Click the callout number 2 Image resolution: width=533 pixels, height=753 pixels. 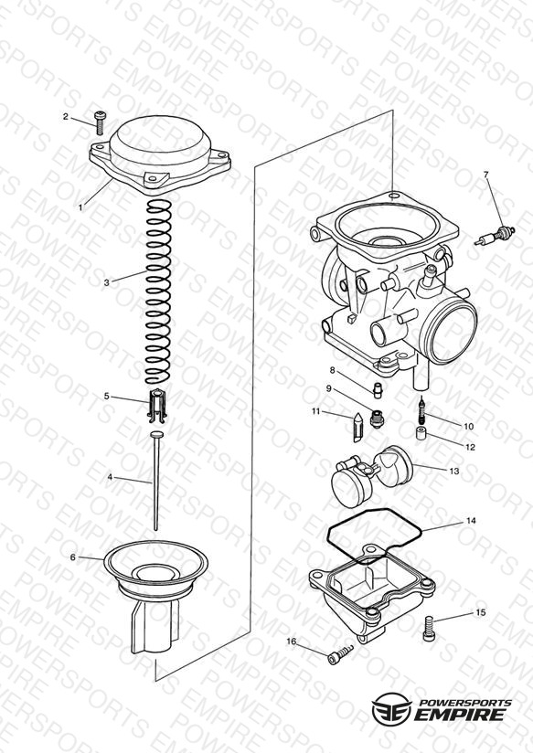(x=66, y=116)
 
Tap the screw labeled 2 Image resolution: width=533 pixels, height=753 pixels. (x=100, y=122)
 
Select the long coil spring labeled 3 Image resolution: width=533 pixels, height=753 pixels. (x=158, y=292)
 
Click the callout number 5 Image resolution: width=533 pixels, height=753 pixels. (x=107, y=397)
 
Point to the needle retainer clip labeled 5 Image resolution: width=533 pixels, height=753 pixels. (x=157, y=406)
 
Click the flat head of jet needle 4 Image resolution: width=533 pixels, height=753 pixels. (x=156, y=435)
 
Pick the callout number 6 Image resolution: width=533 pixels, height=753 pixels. (x=73, y=557)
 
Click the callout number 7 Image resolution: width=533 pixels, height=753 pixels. (x=485, y=175)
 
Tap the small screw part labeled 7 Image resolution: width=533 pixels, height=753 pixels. (x=495, y=236)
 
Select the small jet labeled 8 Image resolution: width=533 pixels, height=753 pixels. (x=378, y=389)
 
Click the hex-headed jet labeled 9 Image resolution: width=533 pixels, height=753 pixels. (x=377, y=419)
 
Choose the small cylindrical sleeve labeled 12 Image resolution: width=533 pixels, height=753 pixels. (x=421, y=432)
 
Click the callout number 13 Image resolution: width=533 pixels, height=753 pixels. (x=453, y=472)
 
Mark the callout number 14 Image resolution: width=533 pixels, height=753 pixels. (x=471, y=521)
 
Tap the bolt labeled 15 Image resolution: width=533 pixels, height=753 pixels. (x=429, y=629)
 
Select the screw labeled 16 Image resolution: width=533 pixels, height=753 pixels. (x=340, y=655)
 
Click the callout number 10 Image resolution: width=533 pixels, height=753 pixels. (x=468, y=426)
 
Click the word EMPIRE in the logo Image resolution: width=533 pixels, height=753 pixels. (x=461, y=715)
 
